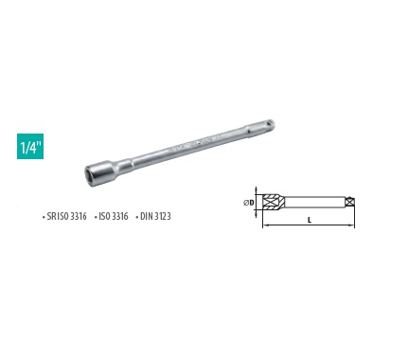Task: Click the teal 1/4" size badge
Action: click(30, 146)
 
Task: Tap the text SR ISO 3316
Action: click(66, 216)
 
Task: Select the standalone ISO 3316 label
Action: click(114, 216)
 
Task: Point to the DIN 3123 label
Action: click(155, 216)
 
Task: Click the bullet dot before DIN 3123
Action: click(137, 217)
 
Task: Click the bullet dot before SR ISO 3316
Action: click(44, 217)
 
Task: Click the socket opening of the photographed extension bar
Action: click(90, 175)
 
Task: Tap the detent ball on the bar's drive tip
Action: click(269, 122)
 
